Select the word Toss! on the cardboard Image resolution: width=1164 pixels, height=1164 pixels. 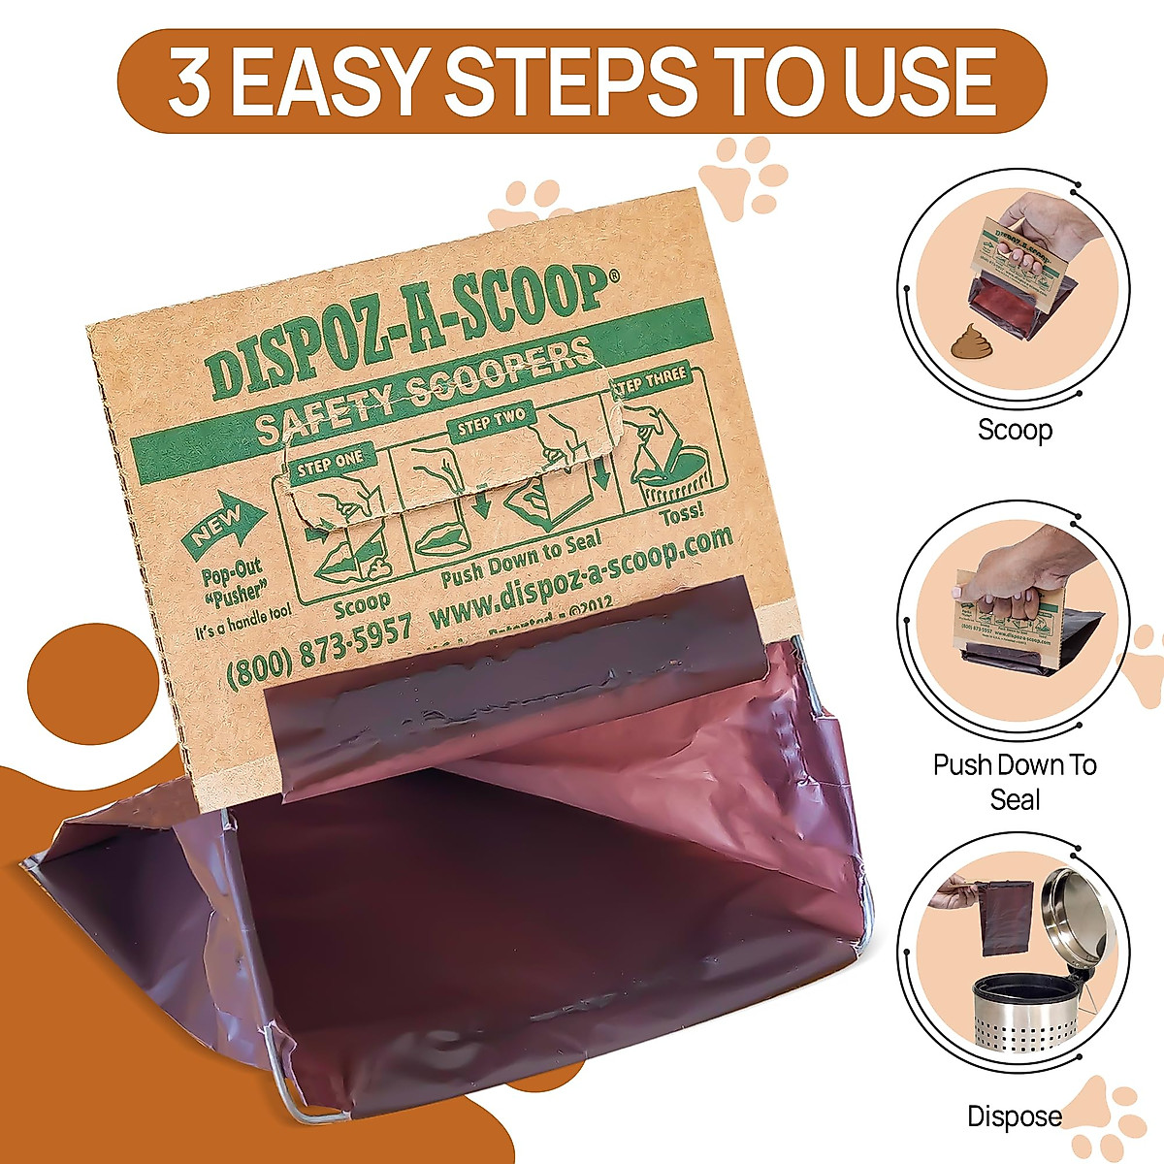point(682,515)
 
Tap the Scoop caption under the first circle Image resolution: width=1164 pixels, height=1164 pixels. point(1015,430)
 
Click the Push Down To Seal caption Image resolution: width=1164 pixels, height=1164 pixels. point(1015,782)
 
